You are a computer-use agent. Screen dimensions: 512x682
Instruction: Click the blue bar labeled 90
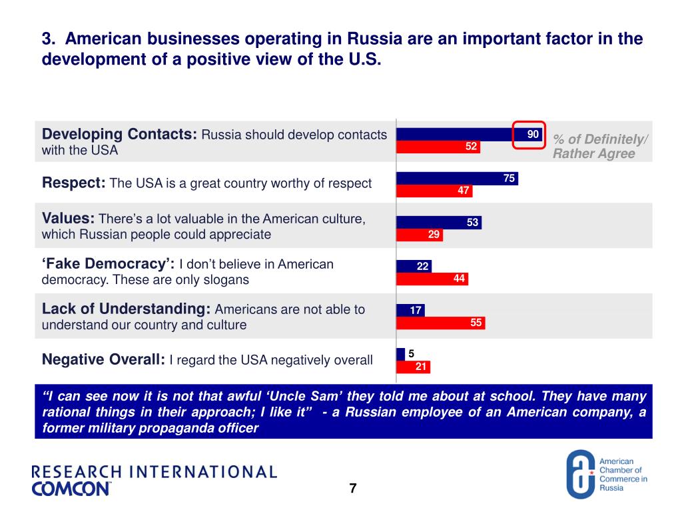point(460,134)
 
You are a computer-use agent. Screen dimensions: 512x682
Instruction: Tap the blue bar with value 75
point(457,178)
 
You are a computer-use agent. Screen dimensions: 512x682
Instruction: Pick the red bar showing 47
point(434,191)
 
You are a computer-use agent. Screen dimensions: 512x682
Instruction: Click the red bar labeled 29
point(420,235)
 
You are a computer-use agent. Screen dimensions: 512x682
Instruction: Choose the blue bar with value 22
point(414,266)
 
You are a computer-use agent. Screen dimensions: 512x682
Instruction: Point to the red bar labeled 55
point(440,323)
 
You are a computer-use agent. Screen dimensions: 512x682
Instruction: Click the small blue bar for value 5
point(400,354)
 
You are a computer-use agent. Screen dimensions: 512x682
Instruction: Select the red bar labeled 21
point(413,367)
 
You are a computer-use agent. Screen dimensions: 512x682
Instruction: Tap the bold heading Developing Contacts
point(120,134)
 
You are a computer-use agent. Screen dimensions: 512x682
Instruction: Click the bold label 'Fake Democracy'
point(108,264)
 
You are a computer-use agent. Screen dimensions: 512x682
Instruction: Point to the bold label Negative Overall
point(103,360)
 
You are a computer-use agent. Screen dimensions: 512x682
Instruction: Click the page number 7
point(353,489)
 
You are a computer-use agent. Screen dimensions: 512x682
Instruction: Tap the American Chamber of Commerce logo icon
point(580,474)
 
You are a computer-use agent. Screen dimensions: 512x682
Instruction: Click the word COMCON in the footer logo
point(71,489)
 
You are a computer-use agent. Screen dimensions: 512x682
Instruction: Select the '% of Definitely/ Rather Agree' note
point(599,146)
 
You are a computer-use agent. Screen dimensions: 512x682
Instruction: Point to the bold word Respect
point(73,183)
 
